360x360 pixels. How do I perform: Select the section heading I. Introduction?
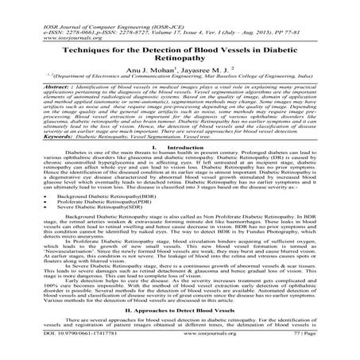[x=180, y=146]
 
